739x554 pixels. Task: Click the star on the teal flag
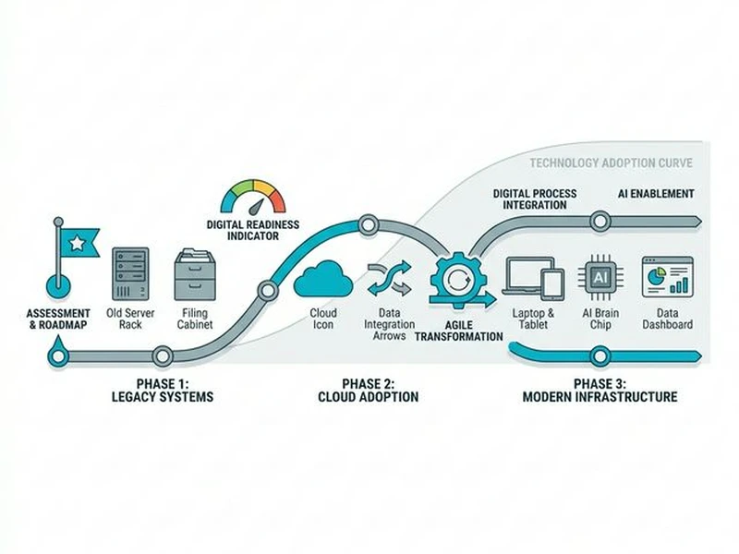(x=78, y=242)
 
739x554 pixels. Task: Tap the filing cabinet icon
(x=195, y=274)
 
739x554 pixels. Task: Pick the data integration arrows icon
(x=388, y=278)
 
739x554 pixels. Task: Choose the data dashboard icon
(x=667, y=277)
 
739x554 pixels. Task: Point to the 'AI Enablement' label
(x=656, y=194)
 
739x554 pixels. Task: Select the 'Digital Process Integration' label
(x=535, y=199)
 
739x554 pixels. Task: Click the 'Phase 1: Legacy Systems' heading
(x=162, y=391)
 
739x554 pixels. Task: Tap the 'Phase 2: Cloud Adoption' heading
(x=367, y=391)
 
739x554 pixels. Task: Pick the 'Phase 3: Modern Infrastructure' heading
(x=600, y=391)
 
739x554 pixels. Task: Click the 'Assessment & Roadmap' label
(x=58, y=319)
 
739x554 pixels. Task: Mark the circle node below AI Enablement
(x=600, y=222)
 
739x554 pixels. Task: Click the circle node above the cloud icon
(x=367, y=223)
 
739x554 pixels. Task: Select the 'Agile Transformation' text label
(x=459, y=331)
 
